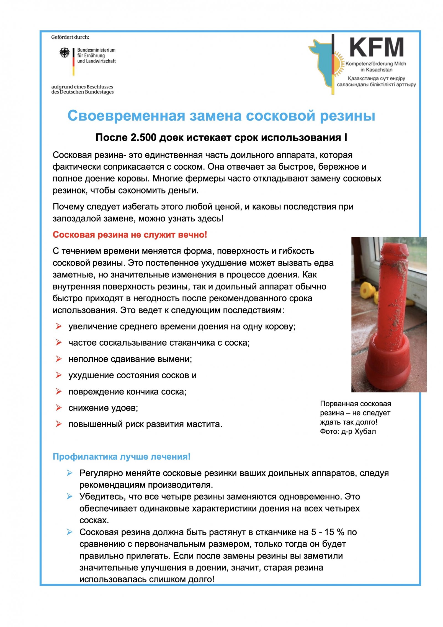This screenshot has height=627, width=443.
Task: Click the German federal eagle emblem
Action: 65,53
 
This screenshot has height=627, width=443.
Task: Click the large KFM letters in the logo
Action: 376,47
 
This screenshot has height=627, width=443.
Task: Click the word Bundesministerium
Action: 96,50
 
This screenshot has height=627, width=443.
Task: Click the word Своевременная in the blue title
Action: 126,116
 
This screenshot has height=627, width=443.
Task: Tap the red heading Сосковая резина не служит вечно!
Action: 130,235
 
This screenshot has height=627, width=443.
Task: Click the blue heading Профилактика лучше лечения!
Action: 121,457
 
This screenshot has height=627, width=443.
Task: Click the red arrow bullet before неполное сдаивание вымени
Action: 58,359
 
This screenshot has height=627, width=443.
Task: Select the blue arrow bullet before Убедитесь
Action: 69,496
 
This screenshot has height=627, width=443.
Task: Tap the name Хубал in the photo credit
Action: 365,431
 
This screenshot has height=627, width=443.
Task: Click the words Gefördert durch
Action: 70,37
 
